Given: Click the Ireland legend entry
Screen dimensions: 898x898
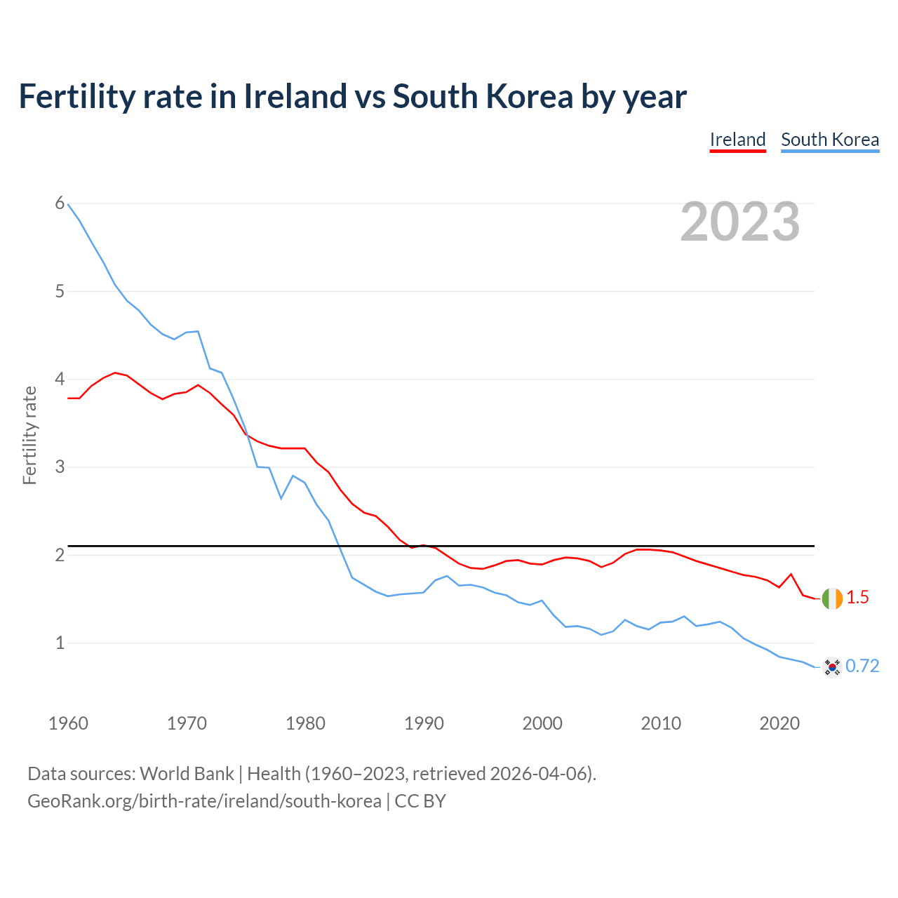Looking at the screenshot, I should point(737,140).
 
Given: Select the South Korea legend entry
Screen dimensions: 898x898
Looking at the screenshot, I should point(830,140).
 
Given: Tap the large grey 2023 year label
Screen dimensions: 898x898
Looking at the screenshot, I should point(740,222).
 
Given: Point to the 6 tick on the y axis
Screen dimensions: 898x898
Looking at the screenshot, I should point(60,203).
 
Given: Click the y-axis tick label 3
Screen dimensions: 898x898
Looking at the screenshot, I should point(60,467).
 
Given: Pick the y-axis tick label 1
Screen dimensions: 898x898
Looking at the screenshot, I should point(60,643).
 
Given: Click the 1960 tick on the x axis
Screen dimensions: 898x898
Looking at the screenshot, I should point(68,723).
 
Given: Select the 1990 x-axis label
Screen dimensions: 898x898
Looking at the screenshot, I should point(424,723).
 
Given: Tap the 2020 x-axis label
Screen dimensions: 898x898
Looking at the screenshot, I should point(779,723).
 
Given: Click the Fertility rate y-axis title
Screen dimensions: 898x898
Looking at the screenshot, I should point(29,435).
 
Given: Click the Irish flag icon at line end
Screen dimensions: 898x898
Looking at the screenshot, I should point(832,598).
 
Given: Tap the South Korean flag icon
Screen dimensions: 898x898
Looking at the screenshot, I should point(832,667).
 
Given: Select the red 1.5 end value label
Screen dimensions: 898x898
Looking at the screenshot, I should point(857,598).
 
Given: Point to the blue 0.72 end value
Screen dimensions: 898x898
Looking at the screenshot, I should point(862,666).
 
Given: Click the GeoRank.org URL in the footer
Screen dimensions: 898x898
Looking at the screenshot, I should point(204,801).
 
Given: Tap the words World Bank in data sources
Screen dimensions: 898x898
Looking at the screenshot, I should point(187,774).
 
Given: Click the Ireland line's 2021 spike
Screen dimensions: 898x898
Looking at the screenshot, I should point(791,574).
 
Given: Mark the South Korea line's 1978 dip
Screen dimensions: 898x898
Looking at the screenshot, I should point(281,498).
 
